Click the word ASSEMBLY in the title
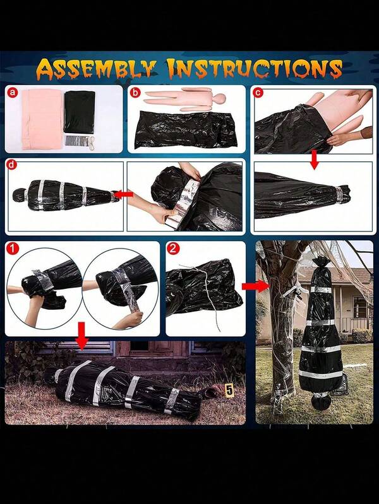click(x=96, y=70)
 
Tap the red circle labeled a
click(x=13, y=93)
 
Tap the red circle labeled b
click(x=136, y=93)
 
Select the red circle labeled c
click(x=258, y=93)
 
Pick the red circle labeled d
click(x=12, y=165)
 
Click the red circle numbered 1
click(x=13, y=249)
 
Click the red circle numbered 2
click(x=173, y=249)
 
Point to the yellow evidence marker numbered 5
click(x=229, y=390)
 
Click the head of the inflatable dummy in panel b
click(x=219, y=98)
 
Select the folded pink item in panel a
click(x=42, y=119)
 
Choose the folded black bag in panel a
click(x=80, y=112)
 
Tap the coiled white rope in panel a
click(x=92, y=141)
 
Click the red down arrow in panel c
click(x=315, y=160)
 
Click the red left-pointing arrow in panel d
click(x=124, y=194)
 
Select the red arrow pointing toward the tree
click(x=255, y=285)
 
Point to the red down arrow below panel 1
click(x=82, y=336)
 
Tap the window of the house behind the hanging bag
click(x=359, y=307)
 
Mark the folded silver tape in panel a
click(x=75, y=141)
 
